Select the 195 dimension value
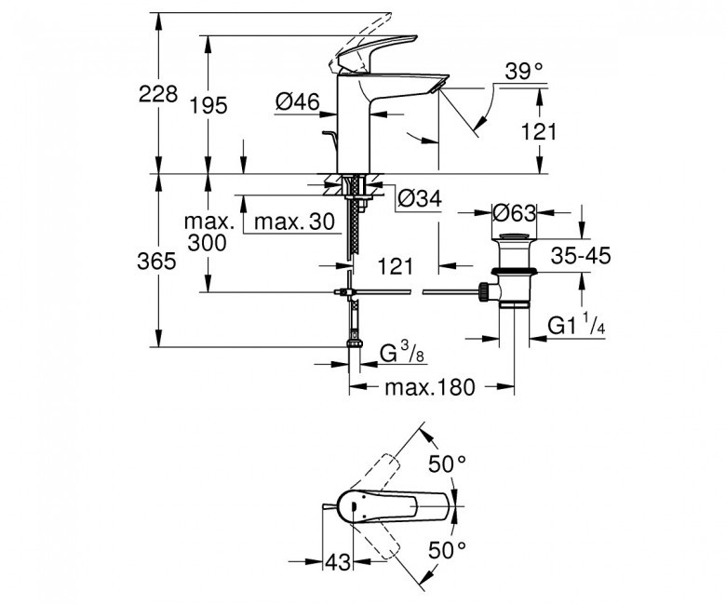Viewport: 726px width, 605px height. [x=209, y=105]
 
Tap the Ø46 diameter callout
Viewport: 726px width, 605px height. [x=297, y=101]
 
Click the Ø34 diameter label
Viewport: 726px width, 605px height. [x=418, y=197]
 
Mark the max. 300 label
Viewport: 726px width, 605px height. [x=207, y=233]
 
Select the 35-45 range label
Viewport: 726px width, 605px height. [x=578, y=257]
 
